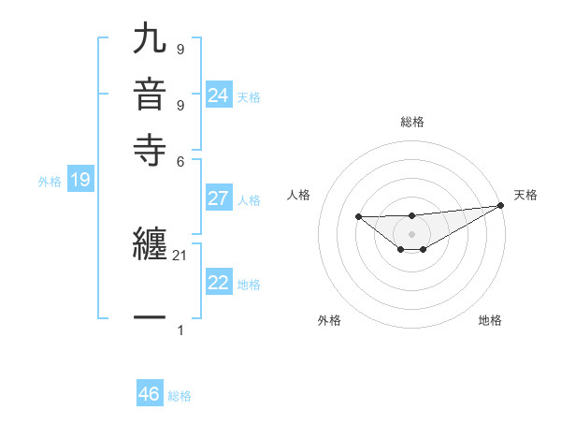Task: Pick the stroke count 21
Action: (x=180, y=256)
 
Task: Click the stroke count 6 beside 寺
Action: (x=181, y=160)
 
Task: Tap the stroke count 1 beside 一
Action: (x=180, y=330)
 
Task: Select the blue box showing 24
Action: (x=219, y=95)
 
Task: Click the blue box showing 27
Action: (x=219, y=198)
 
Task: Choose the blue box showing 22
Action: (x=219, y=284)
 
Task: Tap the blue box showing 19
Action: (x=79, y=180)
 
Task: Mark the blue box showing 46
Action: (x=150, y=394)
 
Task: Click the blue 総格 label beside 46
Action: (x=180, y=396)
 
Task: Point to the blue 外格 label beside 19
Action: (x=50, y=182)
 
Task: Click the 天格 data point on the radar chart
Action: (x=501, y=206)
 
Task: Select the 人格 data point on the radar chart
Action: (x=358, y=216)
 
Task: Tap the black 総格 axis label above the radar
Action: (x=411, y=122)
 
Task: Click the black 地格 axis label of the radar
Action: (x=490, y=320)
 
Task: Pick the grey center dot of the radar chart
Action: (x=411, y=233)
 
